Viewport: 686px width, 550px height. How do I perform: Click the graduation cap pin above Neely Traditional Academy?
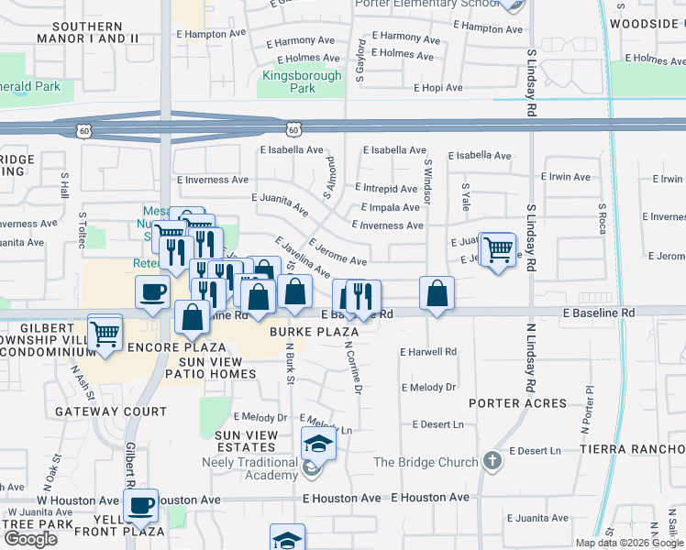click(319, 445)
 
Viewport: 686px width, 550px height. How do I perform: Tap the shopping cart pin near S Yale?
click(498, 249)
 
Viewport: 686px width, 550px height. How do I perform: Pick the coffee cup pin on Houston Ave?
click(141, 506)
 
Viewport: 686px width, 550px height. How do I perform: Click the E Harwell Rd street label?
click(428, 352)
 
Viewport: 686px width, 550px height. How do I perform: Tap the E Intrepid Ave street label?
click(391, 189)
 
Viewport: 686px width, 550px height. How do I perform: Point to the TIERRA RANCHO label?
click(632, 448)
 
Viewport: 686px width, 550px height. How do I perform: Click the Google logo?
click(30, 539)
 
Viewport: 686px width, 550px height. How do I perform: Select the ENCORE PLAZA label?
click(177, 347)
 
